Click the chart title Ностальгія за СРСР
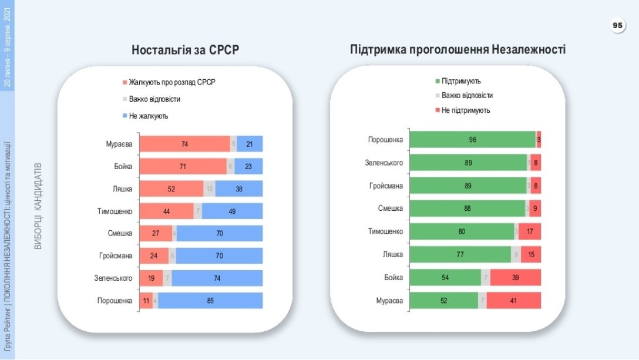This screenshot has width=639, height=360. (x=186, y=51)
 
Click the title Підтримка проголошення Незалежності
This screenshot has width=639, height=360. (x=458, y=50)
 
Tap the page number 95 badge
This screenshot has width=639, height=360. (x=617, y=26)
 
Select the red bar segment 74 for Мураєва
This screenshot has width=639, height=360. (x=184, y=144)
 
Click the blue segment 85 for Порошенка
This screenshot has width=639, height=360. (x=210, y=301)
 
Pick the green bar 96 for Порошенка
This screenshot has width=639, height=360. (x=472, y=140)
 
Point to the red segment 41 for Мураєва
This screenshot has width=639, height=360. (x=513, y=301)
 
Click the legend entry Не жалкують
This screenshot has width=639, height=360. (x=148, y=116)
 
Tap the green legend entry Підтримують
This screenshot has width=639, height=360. (x=460, y=81)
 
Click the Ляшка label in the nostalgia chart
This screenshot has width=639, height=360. (x=122, y=189)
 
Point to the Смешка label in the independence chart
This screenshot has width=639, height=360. (x=390, y=208)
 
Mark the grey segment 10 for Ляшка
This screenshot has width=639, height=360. (x=209, y=189)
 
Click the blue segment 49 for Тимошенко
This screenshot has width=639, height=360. (x=232, y=211)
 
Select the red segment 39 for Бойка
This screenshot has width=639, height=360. (x=515, y=277)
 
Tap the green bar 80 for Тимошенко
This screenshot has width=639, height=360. (x=462, y=231)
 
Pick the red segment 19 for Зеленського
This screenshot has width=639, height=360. (x=152, y=278)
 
